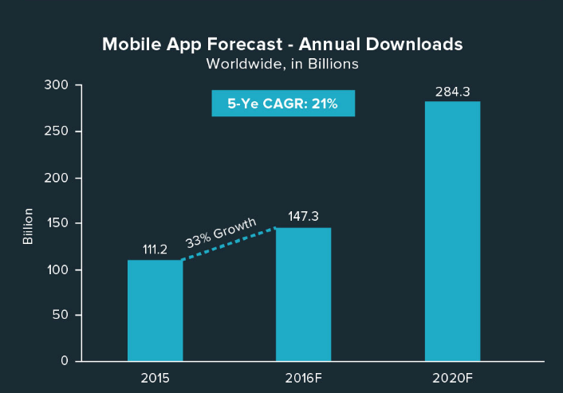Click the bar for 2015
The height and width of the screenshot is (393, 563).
155,310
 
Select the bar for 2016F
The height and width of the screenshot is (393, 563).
303,294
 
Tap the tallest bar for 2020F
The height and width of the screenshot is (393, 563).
452,231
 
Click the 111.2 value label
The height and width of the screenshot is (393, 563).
155,250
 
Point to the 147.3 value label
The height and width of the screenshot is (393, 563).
303,217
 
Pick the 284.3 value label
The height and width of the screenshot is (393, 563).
452,92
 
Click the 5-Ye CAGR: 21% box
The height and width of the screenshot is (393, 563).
282,104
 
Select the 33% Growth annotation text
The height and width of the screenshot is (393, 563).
221,232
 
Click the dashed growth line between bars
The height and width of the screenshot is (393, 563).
229,244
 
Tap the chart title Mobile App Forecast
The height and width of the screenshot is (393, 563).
282,45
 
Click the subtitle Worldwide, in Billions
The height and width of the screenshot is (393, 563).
282,64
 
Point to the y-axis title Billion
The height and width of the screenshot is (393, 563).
28,226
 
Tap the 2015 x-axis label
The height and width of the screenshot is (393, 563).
155,377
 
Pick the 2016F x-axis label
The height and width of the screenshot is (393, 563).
303,377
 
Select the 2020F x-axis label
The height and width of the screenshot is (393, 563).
452,377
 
